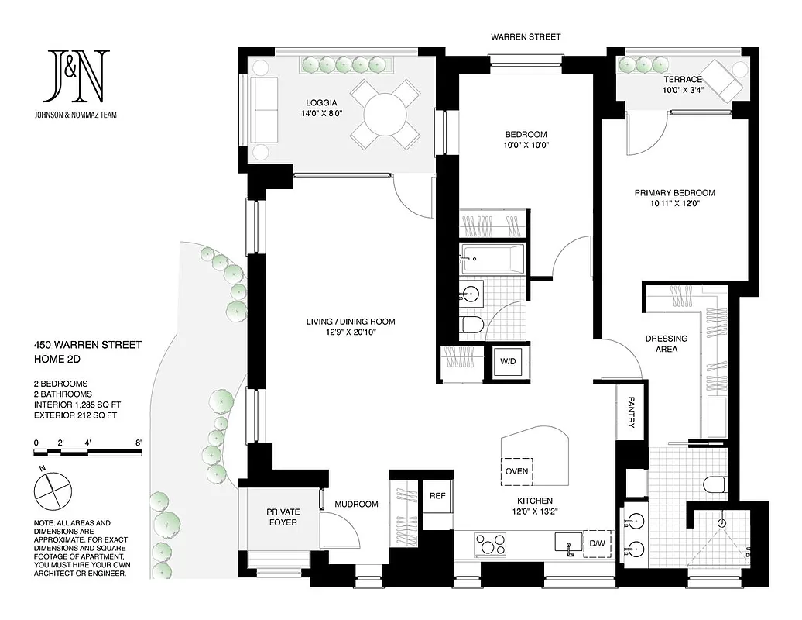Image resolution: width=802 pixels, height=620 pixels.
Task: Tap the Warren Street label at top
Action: pos(526,36)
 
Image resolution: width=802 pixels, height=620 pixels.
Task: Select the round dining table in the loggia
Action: pos(385,115)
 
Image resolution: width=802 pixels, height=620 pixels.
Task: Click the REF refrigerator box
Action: pos(437,496)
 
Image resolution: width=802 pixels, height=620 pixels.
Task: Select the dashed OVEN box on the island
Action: pos(516,470)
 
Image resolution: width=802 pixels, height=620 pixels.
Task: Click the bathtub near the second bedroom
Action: pos(492,259)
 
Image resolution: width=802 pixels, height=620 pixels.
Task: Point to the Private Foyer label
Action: pos(283,517)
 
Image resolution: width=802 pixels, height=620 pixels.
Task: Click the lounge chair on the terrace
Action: pos(722,81)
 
